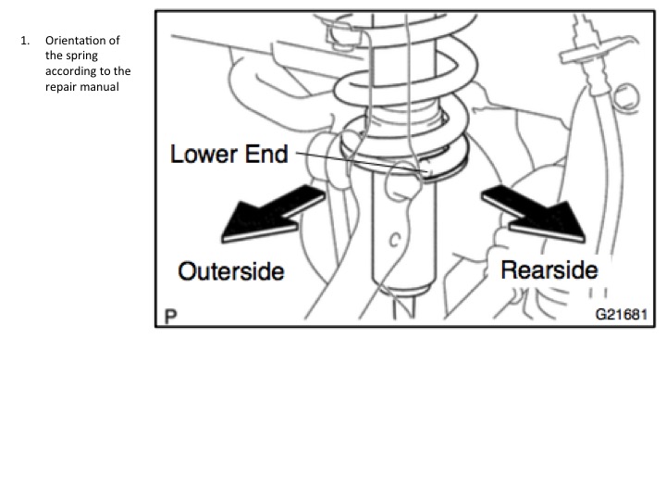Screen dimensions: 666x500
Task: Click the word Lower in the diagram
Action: pos(203,154)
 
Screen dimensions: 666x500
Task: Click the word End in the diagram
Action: pos(266,154)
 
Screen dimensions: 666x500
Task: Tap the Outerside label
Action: pos(231,271)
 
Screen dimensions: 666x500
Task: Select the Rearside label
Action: pos(549,270)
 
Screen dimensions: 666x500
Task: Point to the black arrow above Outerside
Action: pos(272,215)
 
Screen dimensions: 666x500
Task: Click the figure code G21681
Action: pos(622,314)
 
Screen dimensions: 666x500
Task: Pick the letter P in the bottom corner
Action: pos(170,317)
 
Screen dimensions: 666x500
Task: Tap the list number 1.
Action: pos(25,41)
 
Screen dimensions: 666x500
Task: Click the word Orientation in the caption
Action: pos(77,41)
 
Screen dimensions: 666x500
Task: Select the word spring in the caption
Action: pos(82,56)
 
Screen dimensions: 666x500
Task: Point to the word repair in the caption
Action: pos(60,87)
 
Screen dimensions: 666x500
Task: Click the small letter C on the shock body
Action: pos(395,240)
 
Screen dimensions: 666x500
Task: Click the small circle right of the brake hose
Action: pos(625,97)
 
